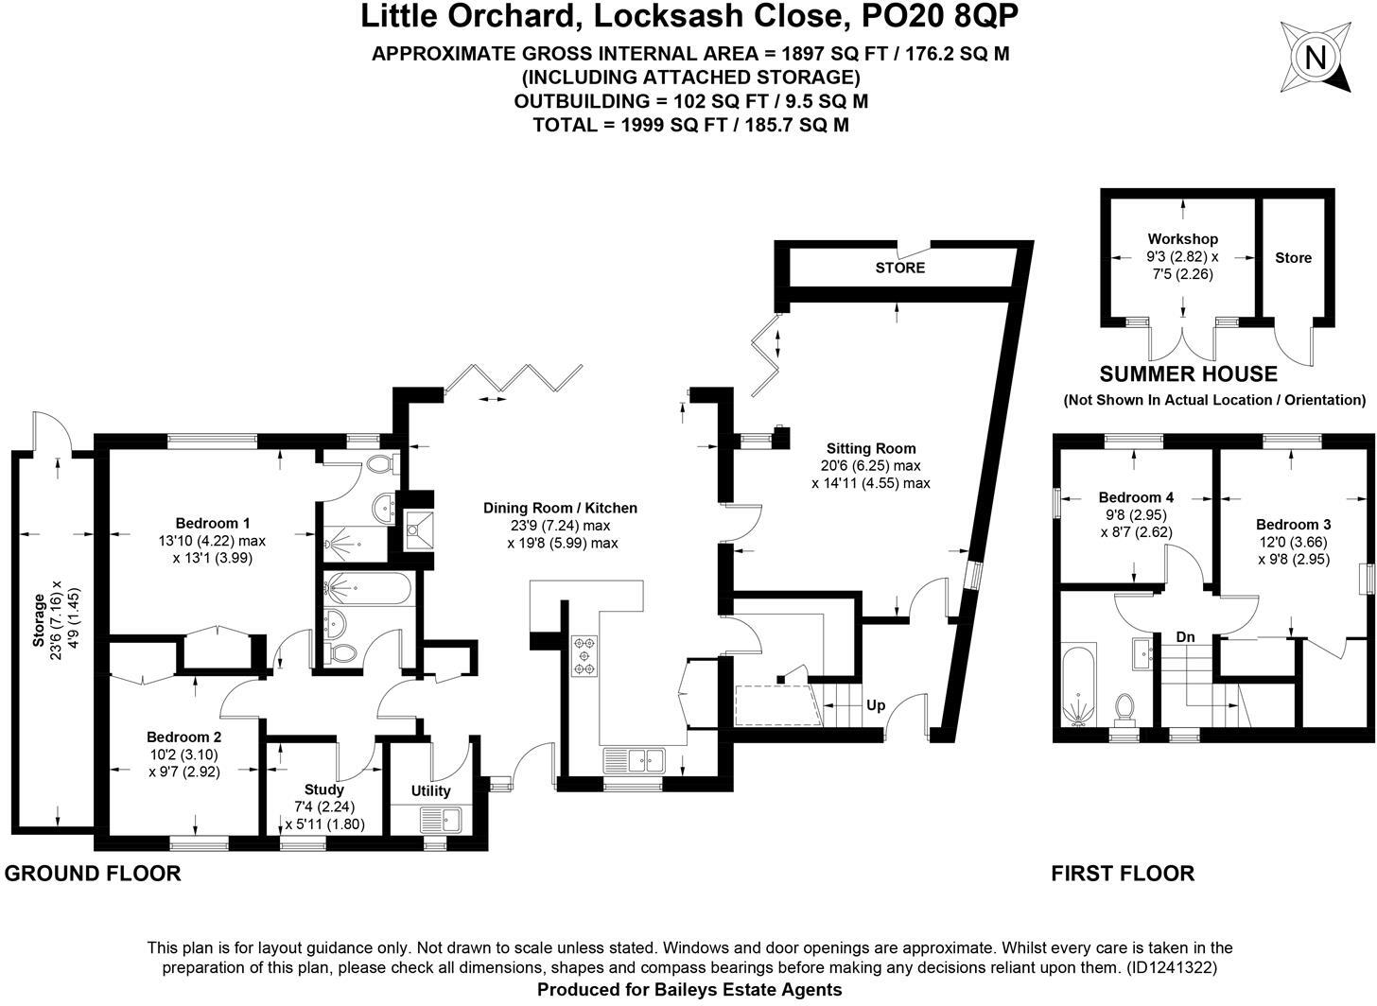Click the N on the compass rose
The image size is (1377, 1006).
point(1315,59)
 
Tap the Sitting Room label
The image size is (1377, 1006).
point(870,448)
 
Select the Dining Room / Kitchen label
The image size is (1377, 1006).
point(560,508)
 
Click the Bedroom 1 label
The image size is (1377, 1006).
point(213,523)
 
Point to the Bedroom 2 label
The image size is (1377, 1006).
point(183,737)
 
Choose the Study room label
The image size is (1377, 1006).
point(324,789)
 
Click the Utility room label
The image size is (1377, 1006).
point(430,791)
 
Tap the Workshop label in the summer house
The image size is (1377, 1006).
point(1183,238)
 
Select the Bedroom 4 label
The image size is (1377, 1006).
point(1136,496)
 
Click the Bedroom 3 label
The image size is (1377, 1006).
point(1294,524)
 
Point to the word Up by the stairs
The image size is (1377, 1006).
point(876,705)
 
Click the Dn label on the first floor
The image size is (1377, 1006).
point(1185,637)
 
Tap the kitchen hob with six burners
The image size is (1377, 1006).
point(584,656)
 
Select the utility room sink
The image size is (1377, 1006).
point(441,820)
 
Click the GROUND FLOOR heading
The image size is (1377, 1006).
point(93,874)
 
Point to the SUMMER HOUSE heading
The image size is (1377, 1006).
point(1188,373)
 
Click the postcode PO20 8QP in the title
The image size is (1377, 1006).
point(940,17)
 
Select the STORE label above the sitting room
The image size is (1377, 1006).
point(900,268)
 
